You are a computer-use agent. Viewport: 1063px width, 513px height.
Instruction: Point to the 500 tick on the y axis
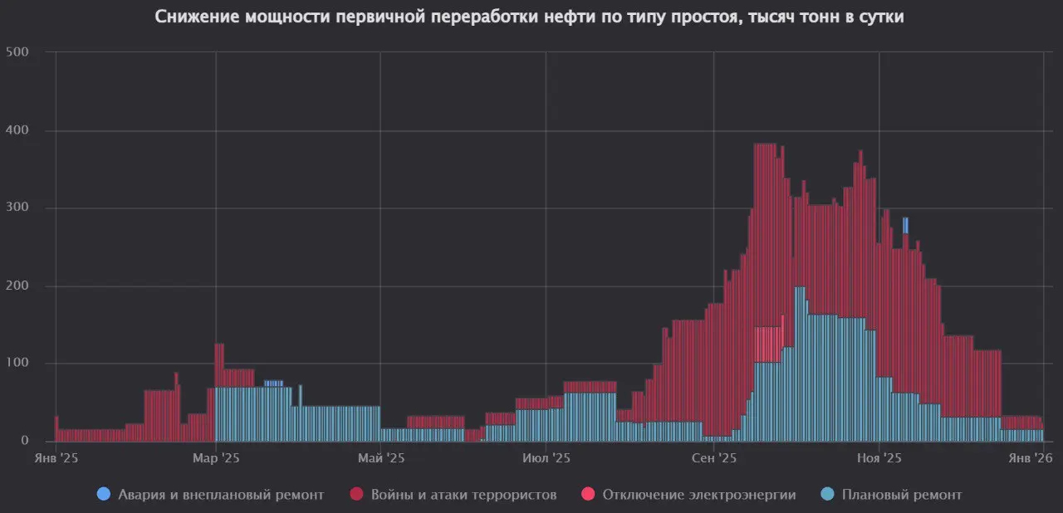coord(17,52)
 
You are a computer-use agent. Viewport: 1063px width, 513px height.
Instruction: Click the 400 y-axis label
coord(17,130)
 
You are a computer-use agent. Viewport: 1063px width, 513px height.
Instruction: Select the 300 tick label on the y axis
coord(17,208)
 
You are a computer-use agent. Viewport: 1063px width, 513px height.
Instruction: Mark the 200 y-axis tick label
coord(17,286)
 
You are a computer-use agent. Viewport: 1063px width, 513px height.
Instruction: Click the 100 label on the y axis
coord(17,363)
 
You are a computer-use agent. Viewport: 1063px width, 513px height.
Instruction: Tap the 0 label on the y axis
coord(25,441)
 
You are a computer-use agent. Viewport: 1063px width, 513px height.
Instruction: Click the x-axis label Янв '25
coord(56,457)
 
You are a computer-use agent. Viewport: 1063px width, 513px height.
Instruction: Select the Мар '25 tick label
coord(216,457)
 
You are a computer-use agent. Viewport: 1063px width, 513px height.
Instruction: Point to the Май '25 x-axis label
coord(380,457)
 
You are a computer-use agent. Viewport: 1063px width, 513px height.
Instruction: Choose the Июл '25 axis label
coord(546,457)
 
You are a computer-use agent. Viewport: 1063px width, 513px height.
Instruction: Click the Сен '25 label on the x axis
coord(714,457)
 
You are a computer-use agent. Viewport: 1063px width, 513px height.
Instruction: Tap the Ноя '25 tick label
coord(879,457)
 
